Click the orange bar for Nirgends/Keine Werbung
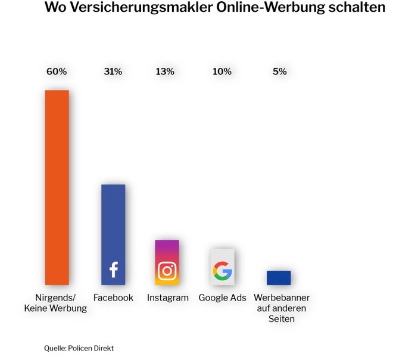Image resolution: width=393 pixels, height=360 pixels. pyautogui.click(x=57, y=187)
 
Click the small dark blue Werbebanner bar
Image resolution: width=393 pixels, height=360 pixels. pyautogui.click(x=279, y=278)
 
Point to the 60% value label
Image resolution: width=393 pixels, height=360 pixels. pyautogui.click(x=57, y=71)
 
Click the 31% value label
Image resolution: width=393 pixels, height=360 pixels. pyautogui.click(x=113, y=71)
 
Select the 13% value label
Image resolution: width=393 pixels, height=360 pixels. pyautogui.click(x=165, y=71)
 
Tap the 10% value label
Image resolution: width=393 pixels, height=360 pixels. pyautogui.click(x=222, y=71)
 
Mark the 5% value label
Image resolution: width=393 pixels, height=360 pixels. pyautogui.click(x=280, y=71)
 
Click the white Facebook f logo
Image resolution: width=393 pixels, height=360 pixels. pyautogui.click(x=113, y=270)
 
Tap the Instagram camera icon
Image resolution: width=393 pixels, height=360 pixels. pyautogui.click(x=167, y=271)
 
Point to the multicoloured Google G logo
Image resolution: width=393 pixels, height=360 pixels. pyautogui.click(x=222, y=271)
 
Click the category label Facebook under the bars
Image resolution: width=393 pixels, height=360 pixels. pyautogui.click(x=113, y=298)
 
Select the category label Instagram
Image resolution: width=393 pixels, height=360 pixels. pyautogui.click(x=167, y=298)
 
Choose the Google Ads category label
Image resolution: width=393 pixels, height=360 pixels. pyautogui.click(x=222, y=298)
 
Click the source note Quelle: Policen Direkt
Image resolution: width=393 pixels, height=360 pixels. pyautogui.click(x=79, y=348)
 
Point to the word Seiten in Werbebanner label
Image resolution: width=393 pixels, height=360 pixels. pyautogui.click(x=282, y=319)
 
